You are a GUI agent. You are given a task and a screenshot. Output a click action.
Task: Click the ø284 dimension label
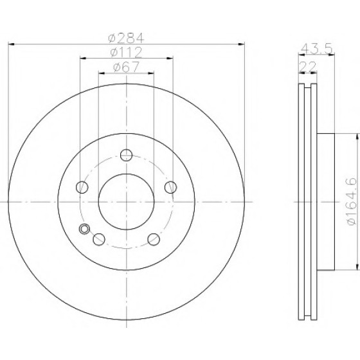coord(126,38)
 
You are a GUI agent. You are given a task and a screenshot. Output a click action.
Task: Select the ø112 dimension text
coord(126,52)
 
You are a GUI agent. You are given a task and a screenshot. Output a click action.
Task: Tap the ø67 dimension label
coord(126,67)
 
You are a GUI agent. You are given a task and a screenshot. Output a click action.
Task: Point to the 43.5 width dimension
coord(316,49)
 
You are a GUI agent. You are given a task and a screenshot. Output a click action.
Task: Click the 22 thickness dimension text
coord(308,67)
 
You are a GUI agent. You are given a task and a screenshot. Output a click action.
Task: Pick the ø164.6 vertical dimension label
coord(352,201)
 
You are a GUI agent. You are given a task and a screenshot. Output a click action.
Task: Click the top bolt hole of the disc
coord(127,155)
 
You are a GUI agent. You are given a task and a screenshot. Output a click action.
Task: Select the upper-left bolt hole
coord(82,187)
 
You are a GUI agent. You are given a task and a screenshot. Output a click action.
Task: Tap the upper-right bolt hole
coord(170,187)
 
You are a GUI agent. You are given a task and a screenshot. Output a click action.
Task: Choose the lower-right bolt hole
coord(154,239)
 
